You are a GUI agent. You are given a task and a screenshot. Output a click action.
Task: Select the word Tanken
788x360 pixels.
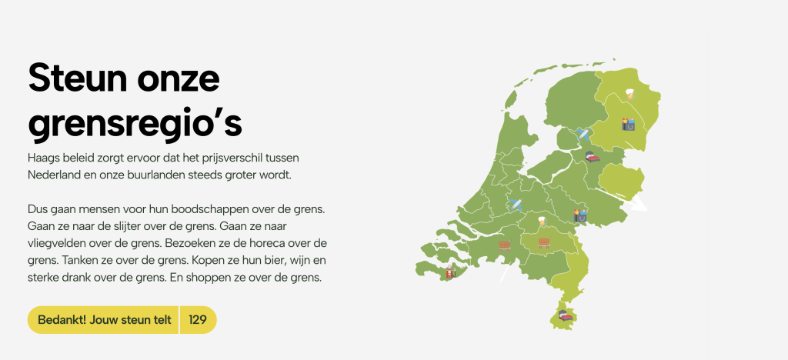tap(79, 260)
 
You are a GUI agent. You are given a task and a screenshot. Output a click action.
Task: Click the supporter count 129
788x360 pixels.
tap(198, 320)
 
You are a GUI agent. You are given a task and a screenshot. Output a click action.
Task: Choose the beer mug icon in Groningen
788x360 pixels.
tap(630, 93)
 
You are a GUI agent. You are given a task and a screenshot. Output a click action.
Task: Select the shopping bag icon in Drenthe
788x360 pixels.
tap(628, 123)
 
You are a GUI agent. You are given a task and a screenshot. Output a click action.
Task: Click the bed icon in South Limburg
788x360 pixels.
tap(566, 314)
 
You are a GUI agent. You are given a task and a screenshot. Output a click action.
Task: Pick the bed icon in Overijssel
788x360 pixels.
tap(592, 157)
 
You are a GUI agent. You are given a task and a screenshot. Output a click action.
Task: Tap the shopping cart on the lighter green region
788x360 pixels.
tap(544, 242)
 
